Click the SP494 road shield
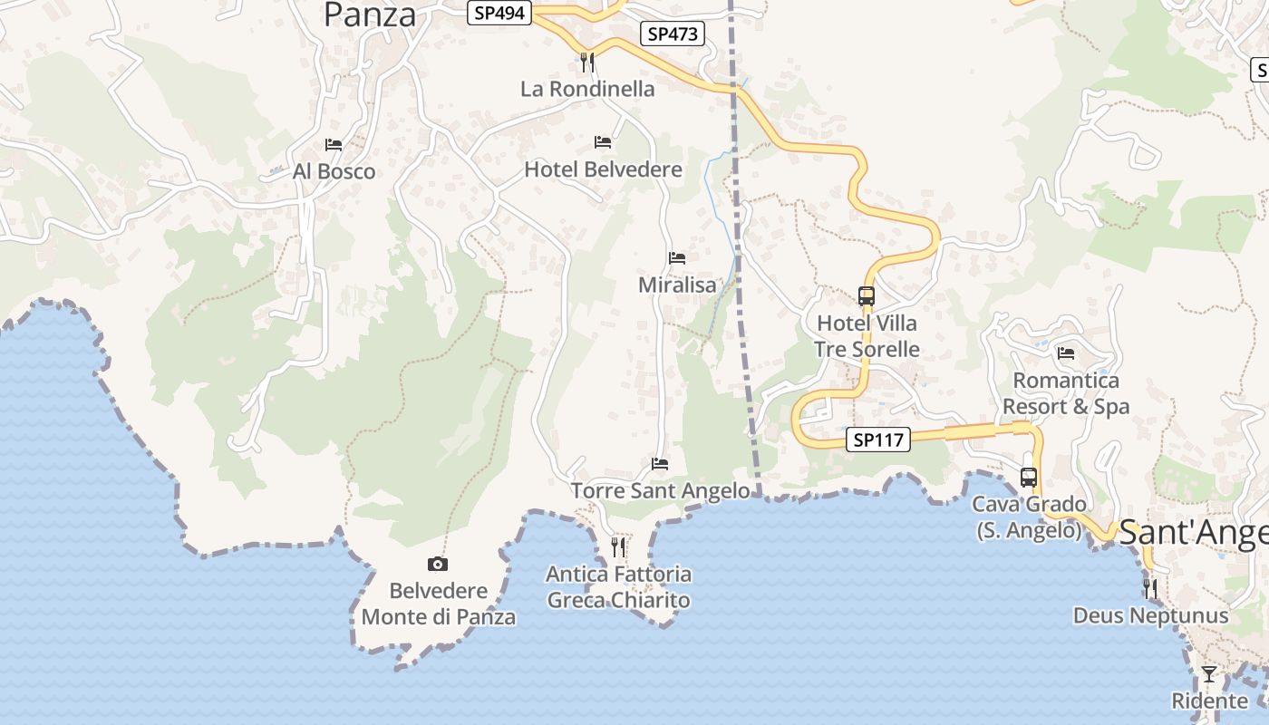pyautogui.click(x=499, y=13)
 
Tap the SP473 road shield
pyautogui.click(x=673, y=34)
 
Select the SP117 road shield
pyautogui.click(x=878, y=440)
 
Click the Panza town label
pyautogui.click(x=370, y=14)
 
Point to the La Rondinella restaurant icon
pyautogui.click(x=587, y=62)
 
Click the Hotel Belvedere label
pyautogui.click(x=603, y=169)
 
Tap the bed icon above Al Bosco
pyautogui.click(x=334, y=145)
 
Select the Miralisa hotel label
pyautogui.click(x=677, y=285)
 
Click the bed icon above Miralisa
pyautogui.click(x=677, y=258)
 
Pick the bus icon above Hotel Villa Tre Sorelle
pyautogui.click(x=867, y=296)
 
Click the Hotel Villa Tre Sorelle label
pyautogui.click(x=867, y=336)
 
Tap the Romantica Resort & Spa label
pyautogui.click(x=1066, y=393)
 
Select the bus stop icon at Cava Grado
pyautogui.click(x=1028, y=477)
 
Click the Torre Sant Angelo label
pyautogui.click(x=660, y=490)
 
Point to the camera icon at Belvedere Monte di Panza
pyautogui.click(x=438, y=565)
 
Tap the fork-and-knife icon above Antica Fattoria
pyautogui.click(x=618, y=546)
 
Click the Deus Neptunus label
pyautogui.click(x=1150, y=616)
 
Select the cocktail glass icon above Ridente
pyautogui.click(x=1209, y=674)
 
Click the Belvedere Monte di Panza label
pyautogui.click(x=439, y=604)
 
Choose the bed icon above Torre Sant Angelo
pyautogui.click(x=660, y=464)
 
